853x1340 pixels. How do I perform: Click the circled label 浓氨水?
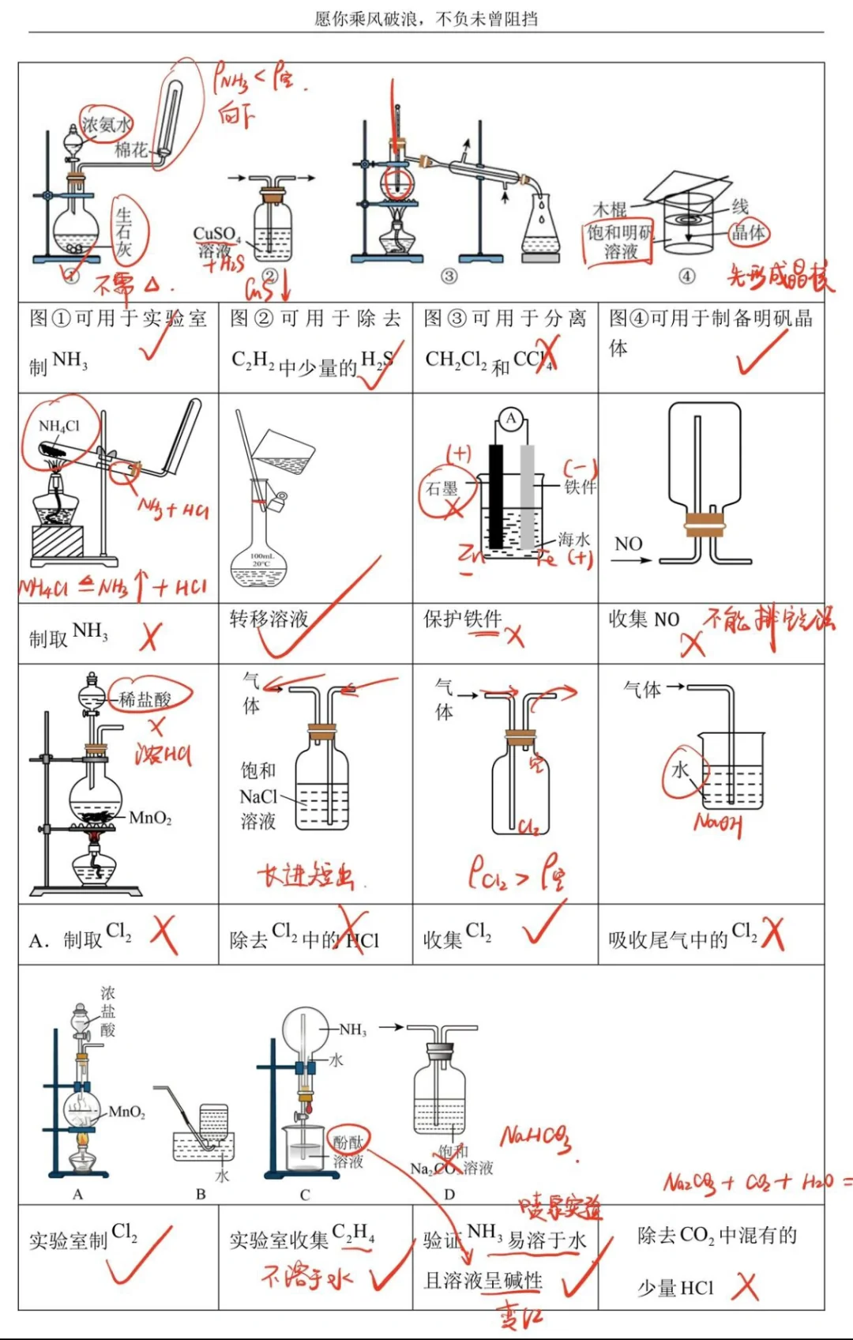[107, 125]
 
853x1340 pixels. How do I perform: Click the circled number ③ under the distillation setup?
[449, 276]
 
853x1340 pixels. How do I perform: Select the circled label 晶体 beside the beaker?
[748, 232]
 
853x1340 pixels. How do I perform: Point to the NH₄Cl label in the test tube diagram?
[59, 426]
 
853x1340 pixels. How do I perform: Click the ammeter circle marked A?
[511, 419]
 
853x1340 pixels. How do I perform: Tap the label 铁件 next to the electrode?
[580, 487]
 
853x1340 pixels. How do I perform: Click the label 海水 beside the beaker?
[574, 540]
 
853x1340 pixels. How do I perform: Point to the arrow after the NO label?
[632, 560]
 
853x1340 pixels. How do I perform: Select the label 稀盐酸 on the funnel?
[145, 699]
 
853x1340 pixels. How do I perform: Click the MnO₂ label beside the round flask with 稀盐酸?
[151, 818]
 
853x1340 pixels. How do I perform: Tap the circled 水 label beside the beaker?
[680, 770]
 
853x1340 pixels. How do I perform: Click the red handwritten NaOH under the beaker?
[718, 824]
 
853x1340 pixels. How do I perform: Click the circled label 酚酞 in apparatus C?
[348, 1142]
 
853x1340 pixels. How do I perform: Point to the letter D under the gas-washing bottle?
[449, 1194]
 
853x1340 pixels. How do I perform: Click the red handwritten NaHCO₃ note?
[535, 1138]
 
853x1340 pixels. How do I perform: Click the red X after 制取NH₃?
[149, 636]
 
